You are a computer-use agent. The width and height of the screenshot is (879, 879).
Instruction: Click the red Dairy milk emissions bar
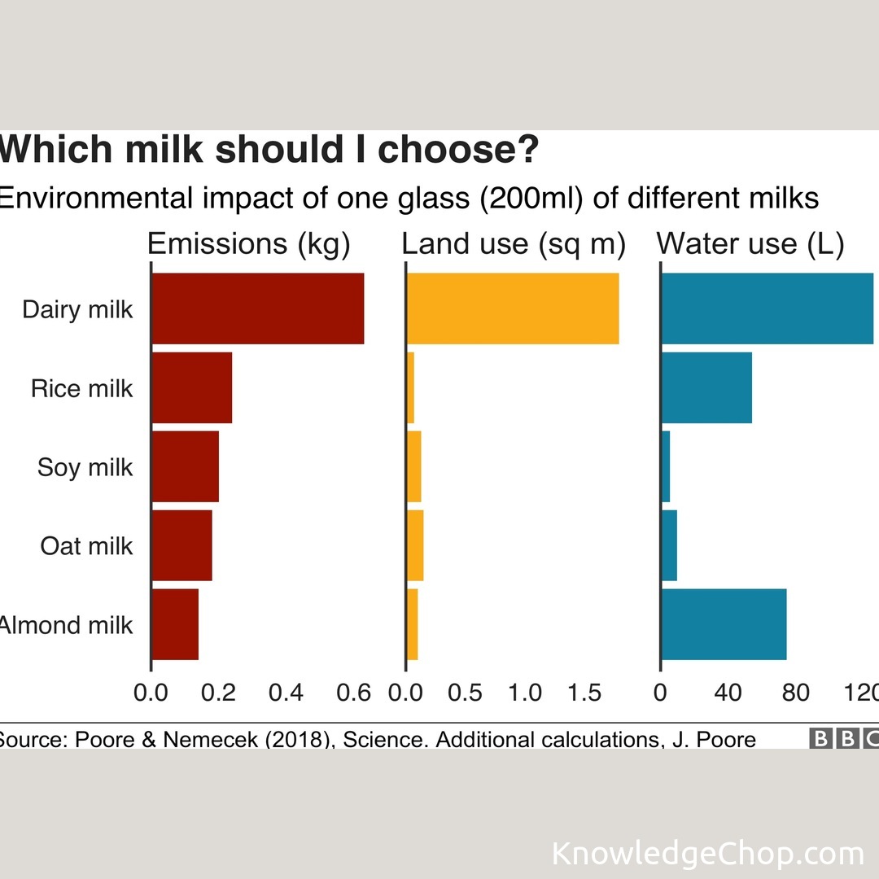[x=257, y=308]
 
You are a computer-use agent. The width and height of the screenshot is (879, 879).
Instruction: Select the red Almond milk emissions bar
[x=175, y=624]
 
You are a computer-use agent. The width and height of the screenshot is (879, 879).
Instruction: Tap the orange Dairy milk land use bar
[x=513, y=308]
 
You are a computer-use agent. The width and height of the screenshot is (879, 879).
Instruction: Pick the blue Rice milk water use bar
[x=706, y=387]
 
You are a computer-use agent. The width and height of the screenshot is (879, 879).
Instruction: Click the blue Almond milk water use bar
[x=724, y=624]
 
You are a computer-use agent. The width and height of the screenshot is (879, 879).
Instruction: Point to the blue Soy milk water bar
[x=666, y=466]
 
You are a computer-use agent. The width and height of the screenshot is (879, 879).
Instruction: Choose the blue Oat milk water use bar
[x=669, y=545]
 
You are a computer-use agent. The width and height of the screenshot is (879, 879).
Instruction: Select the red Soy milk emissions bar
[x=186, y=466]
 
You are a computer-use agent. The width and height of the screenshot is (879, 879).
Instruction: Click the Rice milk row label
[x=81, y=388]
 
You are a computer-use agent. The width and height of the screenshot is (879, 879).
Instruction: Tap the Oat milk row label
[x=86, y=545]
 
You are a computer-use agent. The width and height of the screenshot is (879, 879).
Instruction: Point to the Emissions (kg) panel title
[x=248, y=244]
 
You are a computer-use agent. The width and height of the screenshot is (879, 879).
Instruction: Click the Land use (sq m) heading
[x=514, y=244]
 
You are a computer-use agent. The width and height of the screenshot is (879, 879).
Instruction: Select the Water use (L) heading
[x=750, y=244]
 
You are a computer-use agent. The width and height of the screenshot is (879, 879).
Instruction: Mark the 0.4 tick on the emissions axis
[x=286, y=693]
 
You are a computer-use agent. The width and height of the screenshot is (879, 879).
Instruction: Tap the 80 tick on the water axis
[x=795, y=693]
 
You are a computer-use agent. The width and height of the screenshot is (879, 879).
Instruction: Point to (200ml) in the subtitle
[x=533, y=198]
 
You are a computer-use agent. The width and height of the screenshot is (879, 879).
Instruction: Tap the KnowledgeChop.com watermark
[x=707, y=854]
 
